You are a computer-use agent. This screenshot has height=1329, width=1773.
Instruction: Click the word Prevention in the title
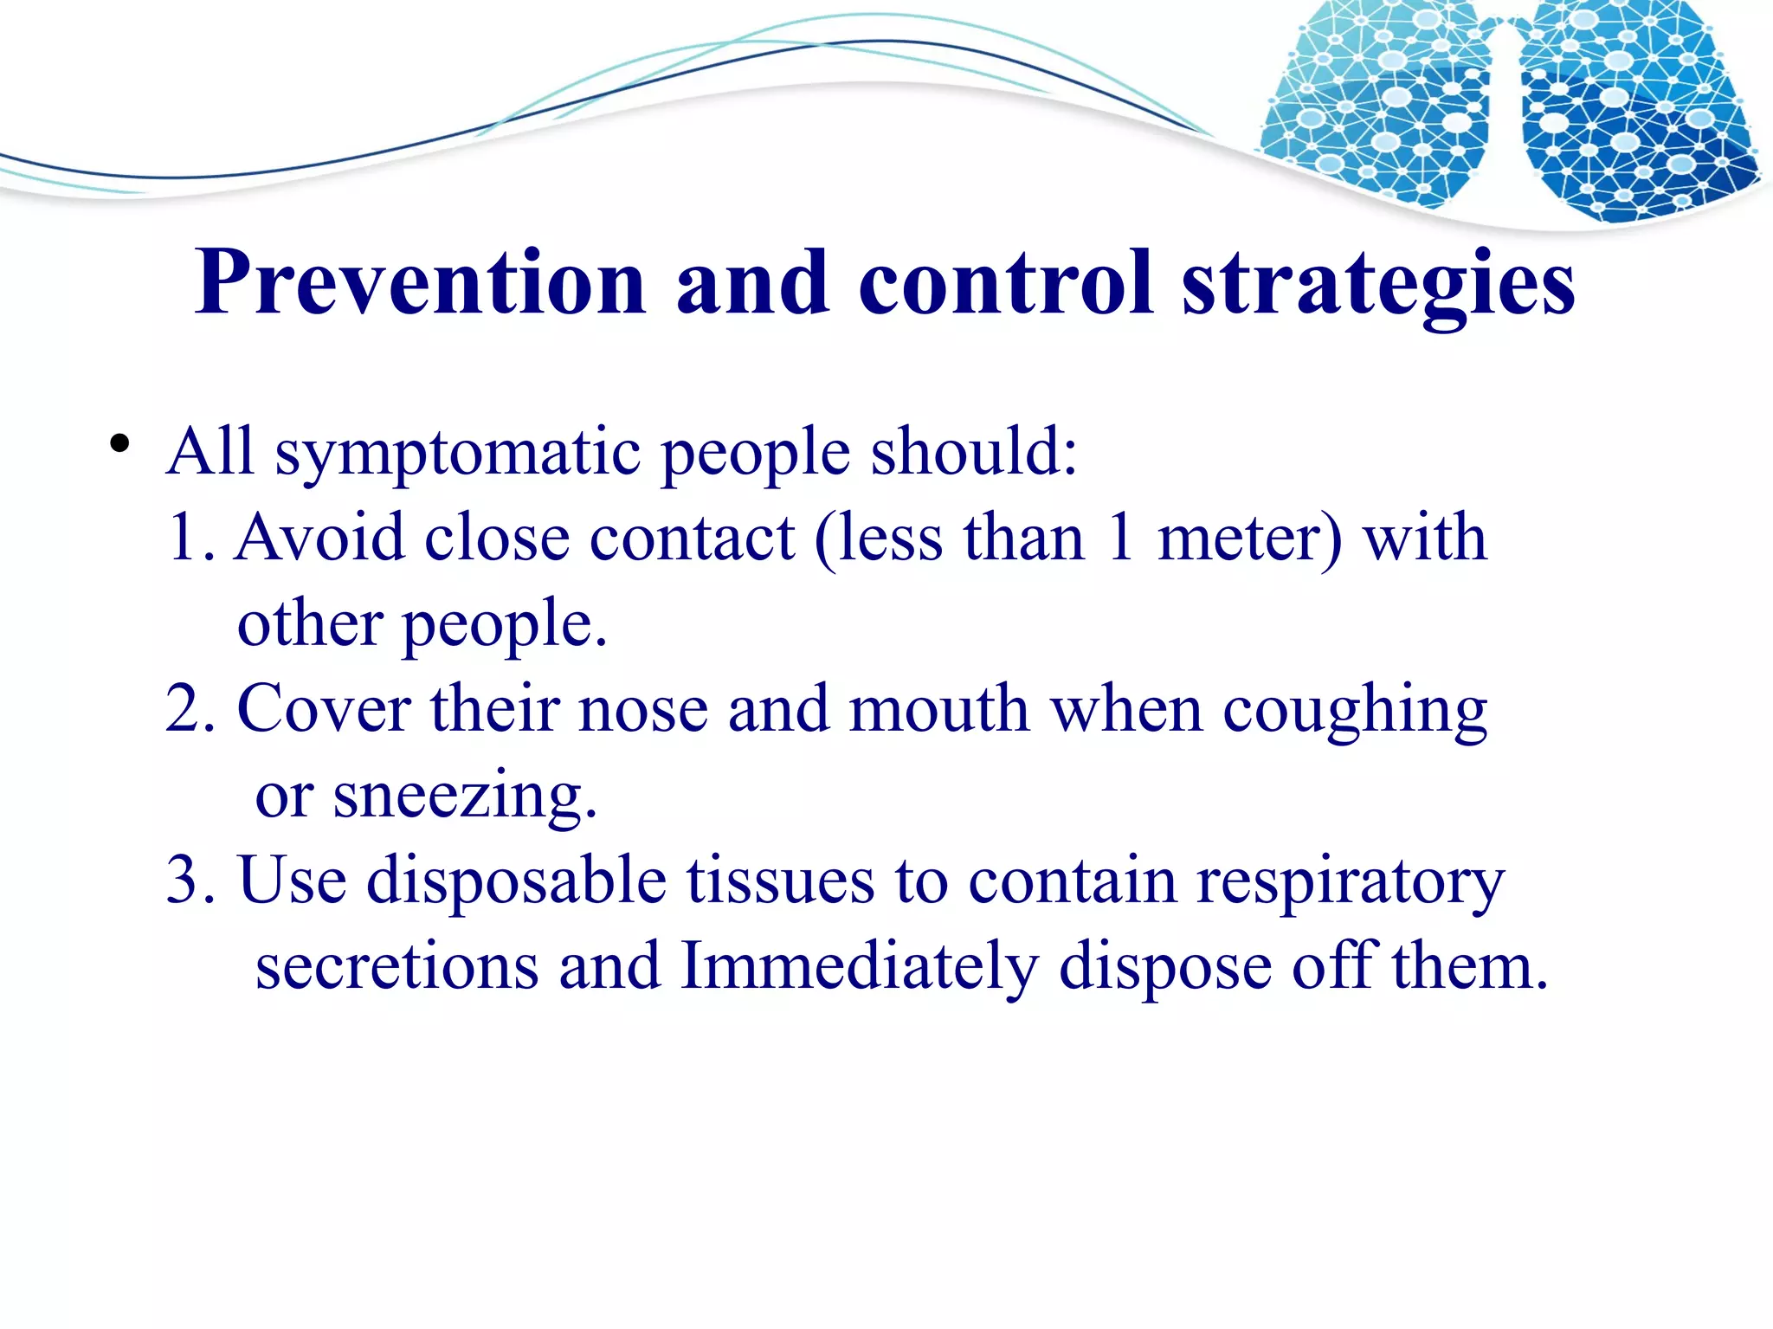point(420,283)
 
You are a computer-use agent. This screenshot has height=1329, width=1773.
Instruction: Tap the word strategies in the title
point(1378,283)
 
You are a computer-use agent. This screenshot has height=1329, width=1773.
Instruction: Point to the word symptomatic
point(457,453)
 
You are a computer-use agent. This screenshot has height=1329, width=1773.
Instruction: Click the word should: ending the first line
point(973,451)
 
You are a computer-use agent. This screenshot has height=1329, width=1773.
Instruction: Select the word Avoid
point(319,538)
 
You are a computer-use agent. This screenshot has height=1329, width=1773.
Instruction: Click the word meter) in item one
point(1249,538)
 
